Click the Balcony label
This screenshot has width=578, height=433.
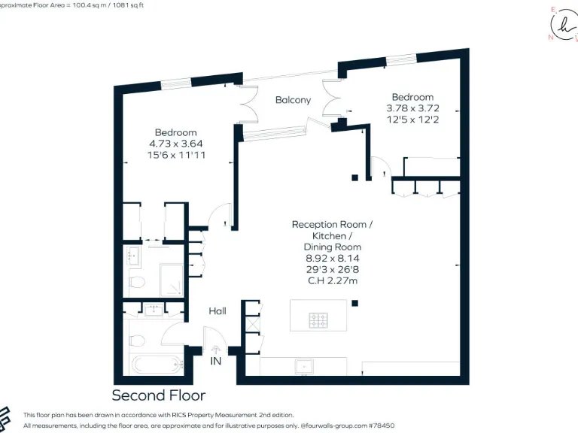(x=293, y=100)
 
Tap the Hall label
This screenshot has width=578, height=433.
(x=218, y=310)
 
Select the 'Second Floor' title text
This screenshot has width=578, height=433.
(x=158, y=395)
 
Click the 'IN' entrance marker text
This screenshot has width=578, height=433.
(x=216, y=362)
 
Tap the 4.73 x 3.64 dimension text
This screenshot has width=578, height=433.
(x=176, y=144)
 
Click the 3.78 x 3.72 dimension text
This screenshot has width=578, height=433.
(x=412, y=107)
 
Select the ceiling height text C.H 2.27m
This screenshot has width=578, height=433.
(x=332, y=280)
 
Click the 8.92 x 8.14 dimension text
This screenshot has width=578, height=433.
(x=332, y=258)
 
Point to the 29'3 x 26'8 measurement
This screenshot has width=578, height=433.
(x=332, y=268)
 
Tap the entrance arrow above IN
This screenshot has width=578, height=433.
(x=216, y=349)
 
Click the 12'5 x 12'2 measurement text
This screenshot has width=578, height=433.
(x=412, y=119)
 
